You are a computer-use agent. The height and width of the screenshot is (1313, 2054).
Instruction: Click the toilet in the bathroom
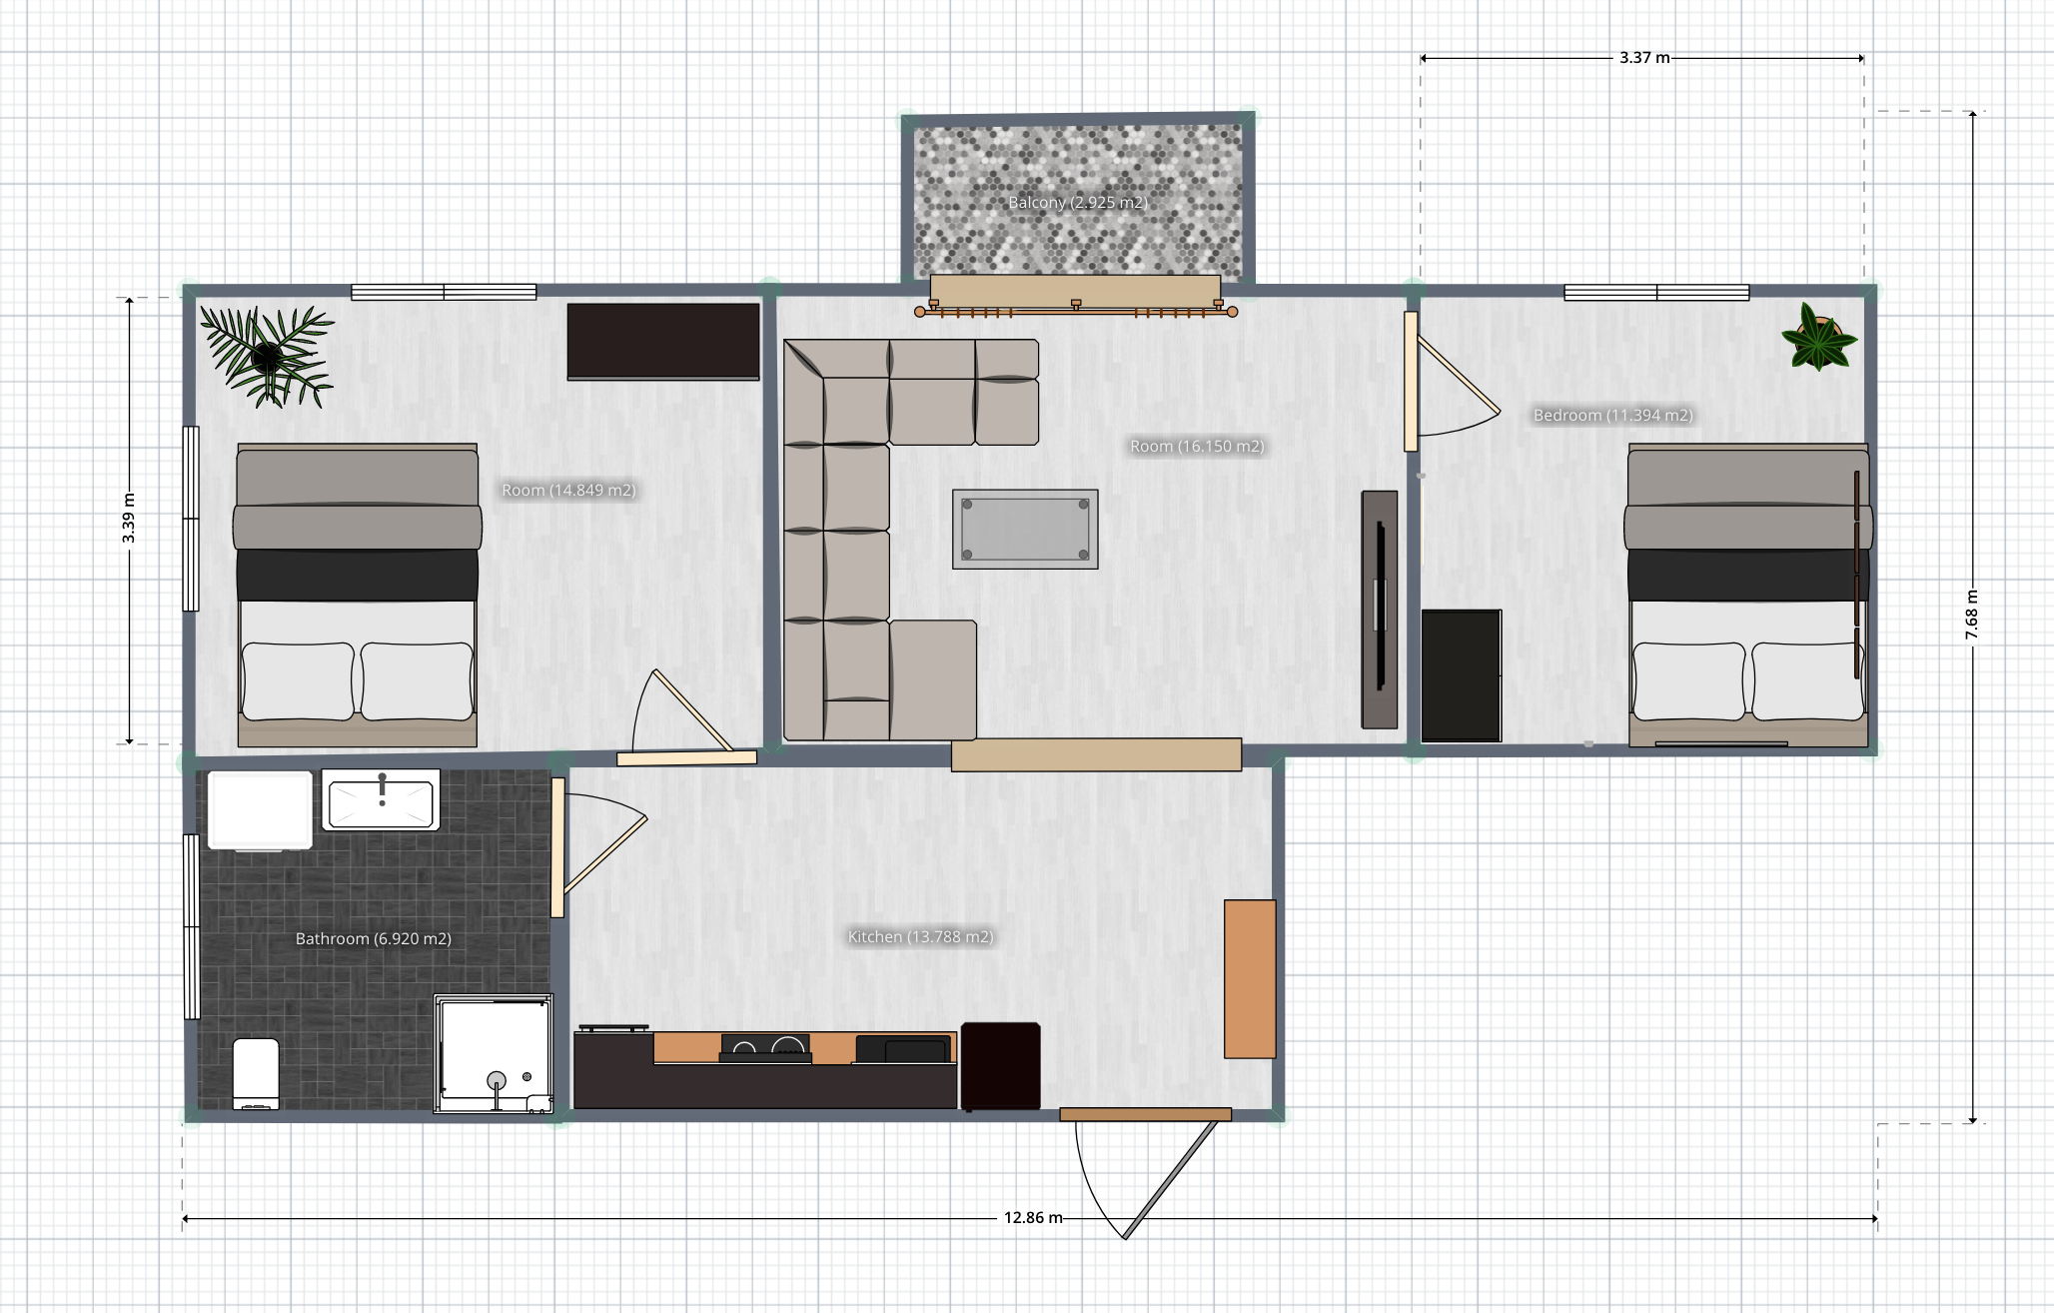256,1073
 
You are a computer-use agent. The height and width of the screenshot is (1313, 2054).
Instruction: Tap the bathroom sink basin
381,800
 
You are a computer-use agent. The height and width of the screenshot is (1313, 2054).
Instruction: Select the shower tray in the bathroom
494,1053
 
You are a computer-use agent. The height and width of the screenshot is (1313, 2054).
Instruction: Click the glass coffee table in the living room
1025,530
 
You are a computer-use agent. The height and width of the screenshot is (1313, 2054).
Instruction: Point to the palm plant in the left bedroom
268,356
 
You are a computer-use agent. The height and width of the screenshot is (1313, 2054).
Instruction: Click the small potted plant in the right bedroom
1819,338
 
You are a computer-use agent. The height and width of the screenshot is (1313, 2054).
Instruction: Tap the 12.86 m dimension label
1033,1218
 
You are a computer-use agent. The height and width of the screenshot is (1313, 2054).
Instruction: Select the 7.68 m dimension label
1972,615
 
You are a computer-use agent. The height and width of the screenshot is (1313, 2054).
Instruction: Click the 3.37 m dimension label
1644,58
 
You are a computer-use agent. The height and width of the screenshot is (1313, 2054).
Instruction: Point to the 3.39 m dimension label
129,519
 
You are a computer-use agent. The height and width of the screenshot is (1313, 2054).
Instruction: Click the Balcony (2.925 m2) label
1078,203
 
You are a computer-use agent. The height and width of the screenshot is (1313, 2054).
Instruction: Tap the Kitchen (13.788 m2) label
920,937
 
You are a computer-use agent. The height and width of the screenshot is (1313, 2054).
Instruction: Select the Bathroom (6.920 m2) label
374,939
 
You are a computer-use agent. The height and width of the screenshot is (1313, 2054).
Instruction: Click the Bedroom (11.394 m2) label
1612,416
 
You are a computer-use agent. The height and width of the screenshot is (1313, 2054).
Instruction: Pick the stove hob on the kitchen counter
765,1047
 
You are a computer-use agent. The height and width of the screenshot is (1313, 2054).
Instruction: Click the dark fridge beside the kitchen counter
1001,1066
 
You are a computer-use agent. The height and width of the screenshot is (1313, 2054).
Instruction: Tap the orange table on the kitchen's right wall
1250,979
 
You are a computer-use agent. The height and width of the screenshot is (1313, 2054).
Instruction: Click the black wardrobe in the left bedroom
663,342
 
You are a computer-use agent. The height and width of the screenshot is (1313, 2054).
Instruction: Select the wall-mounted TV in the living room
1380,610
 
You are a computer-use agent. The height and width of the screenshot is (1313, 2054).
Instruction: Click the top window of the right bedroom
1656,293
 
